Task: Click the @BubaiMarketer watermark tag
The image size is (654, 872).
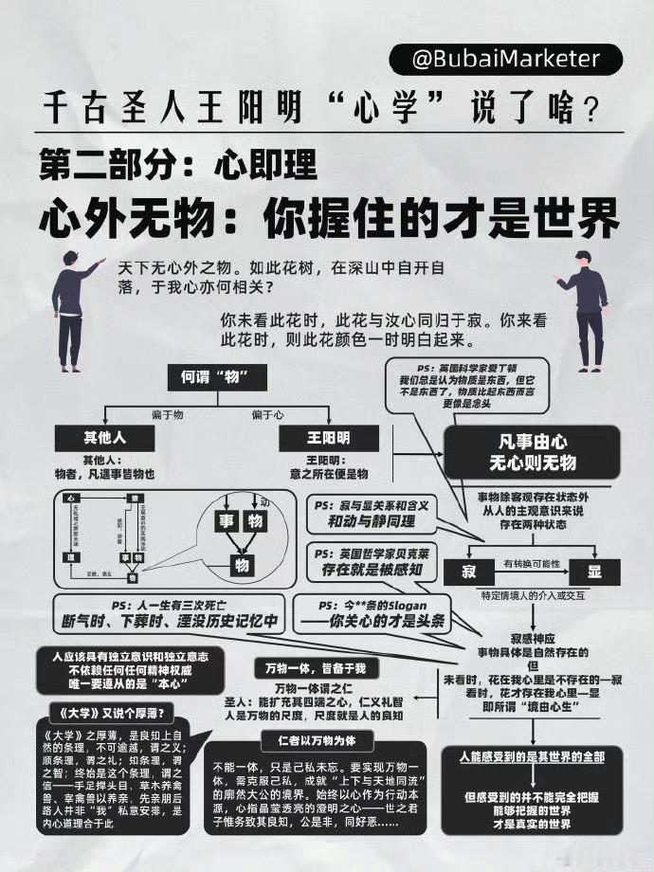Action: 507,59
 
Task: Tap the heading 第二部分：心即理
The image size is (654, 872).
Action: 178,167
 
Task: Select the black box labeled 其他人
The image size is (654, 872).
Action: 104,438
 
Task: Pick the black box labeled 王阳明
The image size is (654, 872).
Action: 327,438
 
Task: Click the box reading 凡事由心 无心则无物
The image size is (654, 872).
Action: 532,451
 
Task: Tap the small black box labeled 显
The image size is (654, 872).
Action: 594,572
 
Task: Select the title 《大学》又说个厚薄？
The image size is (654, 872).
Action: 107,712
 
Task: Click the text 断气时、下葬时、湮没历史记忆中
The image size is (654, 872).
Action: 169,621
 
